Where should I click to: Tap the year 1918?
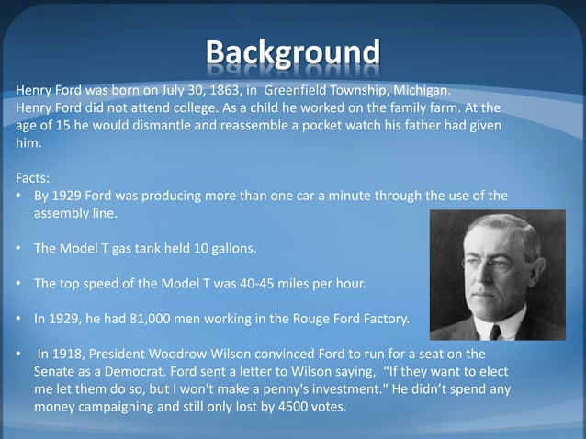point(72,355)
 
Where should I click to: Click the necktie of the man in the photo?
point(497,330)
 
